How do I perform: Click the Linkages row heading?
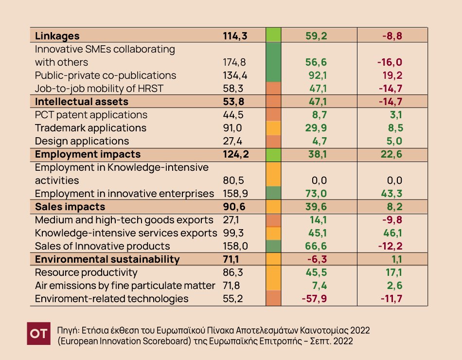[x=57, y=36]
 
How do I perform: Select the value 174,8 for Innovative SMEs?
[x=234, y=62]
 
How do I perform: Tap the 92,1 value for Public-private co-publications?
[x=316, y=75]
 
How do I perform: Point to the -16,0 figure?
[x=390, y=62]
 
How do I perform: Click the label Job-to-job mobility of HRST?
[x=99, y=89]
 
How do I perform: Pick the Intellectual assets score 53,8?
[x=234, y=102]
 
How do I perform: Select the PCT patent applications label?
[x=91, y=115]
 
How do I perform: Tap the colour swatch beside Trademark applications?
[x=274, y=128]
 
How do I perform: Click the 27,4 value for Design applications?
[x=232, y=141]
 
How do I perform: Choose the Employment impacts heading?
[x=88, y=154]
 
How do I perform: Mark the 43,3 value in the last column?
[x=392, y=194]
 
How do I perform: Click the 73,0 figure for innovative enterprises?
[x=316, y=194]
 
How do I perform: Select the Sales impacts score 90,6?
[x=234, y=207]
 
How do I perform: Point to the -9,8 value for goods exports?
[x=392, y=220]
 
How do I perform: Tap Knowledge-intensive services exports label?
[x=126, y=233]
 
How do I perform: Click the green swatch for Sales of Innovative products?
[x=274, y=246]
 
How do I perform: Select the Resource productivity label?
[x=86, y=272]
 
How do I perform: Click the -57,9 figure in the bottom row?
[x=313, y=299]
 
